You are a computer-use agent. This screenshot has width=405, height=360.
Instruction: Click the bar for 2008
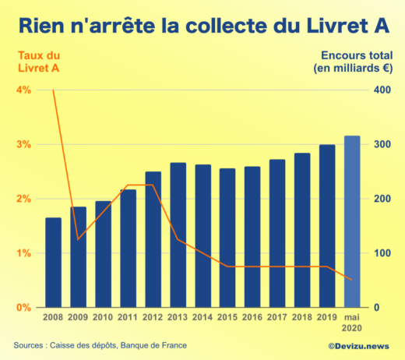click(x=53, y=263)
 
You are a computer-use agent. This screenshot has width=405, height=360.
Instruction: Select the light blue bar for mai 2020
click(x=352, y=221)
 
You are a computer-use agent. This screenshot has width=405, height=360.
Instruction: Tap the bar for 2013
click(x=178, y=235)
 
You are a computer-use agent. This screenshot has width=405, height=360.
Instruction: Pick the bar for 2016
click(x=252, y=237)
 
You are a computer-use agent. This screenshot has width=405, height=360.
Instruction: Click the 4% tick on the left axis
click(x=23, y=90)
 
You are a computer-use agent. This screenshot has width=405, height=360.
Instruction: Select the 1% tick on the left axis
click(x=23, y=253)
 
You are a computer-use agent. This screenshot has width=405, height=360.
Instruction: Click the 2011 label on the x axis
click(x=128, y=318)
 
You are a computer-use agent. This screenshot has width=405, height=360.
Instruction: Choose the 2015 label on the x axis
click(x=227, y=318)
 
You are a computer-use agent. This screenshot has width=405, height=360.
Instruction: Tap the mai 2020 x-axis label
click(x=352, y=323)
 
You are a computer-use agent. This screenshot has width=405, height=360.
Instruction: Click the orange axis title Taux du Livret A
click(x=37, y=62)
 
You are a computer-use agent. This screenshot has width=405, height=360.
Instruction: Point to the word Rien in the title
click(x=44, y=26)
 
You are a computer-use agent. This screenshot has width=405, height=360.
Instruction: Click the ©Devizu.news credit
click(x=360, y=345)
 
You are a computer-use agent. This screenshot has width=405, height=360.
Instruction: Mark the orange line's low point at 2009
click(x=78, y=239)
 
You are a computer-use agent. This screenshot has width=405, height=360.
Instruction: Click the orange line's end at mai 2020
click(x=352, y=280)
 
